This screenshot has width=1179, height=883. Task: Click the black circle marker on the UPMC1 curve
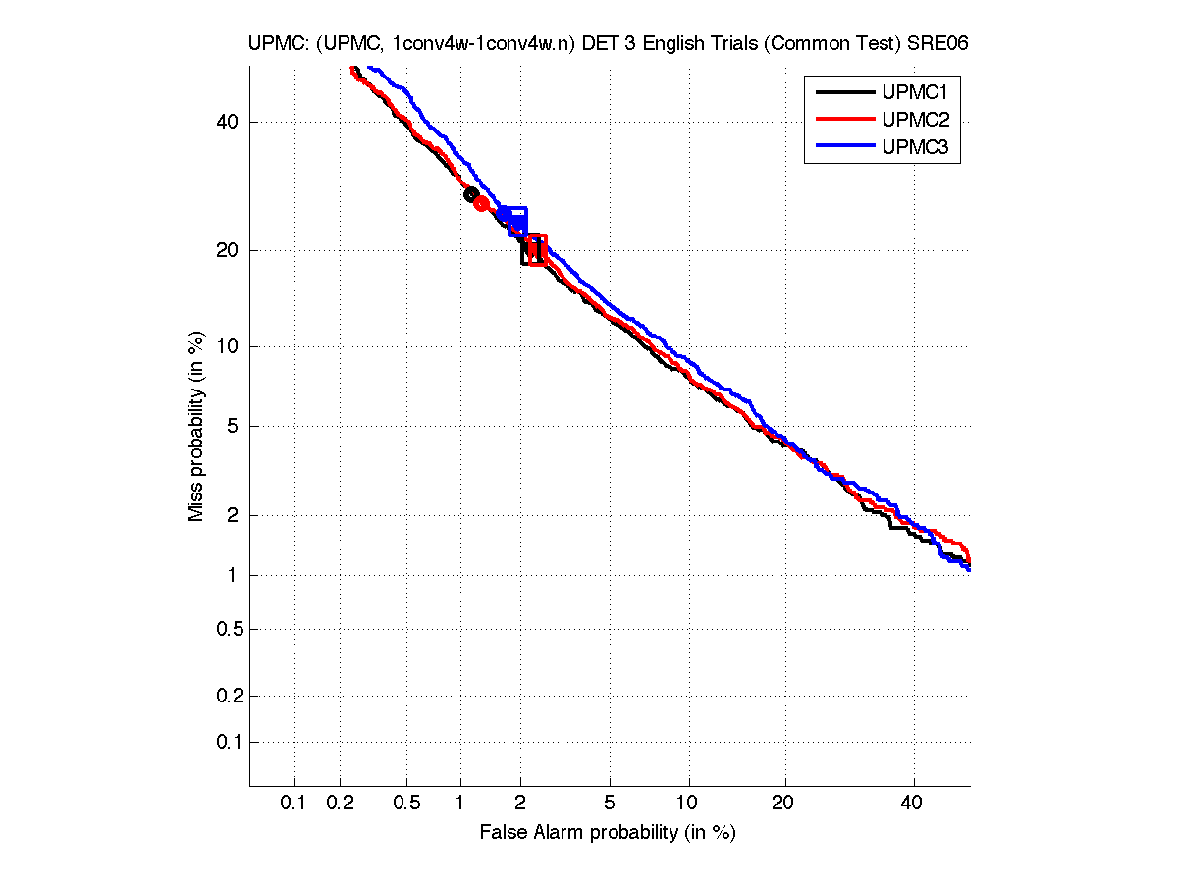coord(471,194)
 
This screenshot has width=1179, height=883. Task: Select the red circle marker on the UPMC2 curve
coord(481,203)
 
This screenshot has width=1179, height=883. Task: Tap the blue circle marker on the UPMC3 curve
coord(505,214)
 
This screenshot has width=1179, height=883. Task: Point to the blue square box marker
coord(517,222)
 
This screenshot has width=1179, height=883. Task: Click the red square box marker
coord(536,249)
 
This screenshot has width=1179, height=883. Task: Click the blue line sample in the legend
coord(843,147)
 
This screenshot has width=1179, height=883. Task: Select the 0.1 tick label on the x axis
coord(294,804)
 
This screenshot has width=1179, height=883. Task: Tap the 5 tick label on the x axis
coord(610,804)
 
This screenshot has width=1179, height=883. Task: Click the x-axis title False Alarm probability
coord(608,833)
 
